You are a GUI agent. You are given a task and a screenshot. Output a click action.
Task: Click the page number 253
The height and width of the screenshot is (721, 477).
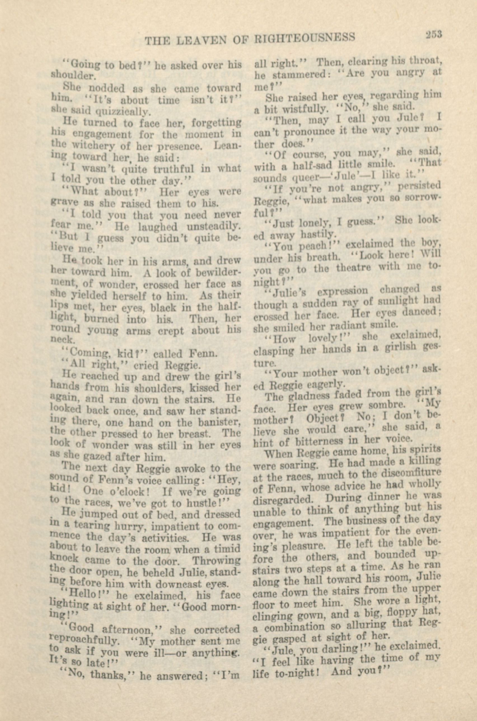point(433,34)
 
